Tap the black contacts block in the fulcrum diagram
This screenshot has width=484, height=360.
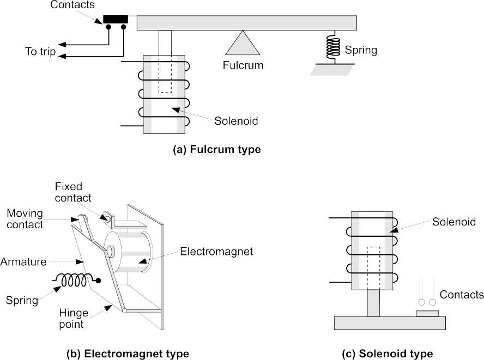[116, 20]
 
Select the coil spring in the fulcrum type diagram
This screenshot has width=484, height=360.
[332, 47]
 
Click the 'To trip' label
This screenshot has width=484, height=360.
[40, 52]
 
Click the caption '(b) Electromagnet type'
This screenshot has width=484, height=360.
[128, 353]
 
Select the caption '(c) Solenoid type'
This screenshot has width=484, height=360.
[388, 353]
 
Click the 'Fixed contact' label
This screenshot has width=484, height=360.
[73, 192]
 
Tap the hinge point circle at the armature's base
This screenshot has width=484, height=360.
[125, 311]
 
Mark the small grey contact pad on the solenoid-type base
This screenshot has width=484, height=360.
[427, 314]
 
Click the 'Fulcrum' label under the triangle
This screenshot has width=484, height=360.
[243, 65]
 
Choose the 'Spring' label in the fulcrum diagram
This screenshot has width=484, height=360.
[361, 50]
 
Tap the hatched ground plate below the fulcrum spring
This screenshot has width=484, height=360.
[332, 69]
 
